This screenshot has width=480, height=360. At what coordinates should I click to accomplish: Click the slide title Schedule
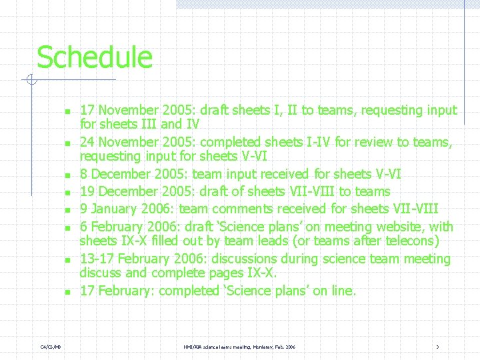click(94, 57)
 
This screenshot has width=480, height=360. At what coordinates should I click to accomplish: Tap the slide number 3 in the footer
click(437, 347)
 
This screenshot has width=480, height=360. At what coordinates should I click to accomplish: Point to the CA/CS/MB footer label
click(51, 347)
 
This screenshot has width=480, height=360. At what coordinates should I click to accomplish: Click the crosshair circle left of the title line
click(31, 81)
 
